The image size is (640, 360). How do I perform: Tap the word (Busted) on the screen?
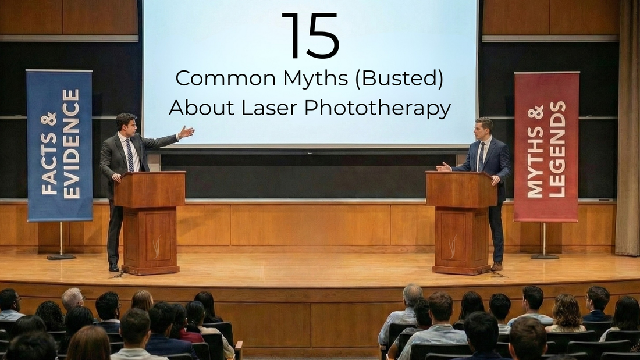click(x=401, y=79)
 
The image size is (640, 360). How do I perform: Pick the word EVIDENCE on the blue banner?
click(x=70, y=144)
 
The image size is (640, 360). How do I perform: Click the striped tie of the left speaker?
click(x=129, y=154)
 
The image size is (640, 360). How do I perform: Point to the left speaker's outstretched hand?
click(x=186, y=132)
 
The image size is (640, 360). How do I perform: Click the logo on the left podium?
click(x=155, y=247)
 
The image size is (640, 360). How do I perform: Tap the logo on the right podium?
click(x=452, y=247)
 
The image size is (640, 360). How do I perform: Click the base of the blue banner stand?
click(x=61, y=255)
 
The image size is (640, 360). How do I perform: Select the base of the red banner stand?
click(x=545, y=255)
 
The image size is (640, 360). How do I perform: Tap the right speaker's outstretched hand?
click(x=443, y=167)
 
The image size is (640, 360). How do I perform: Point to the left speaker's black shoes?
click(x=113, y=268)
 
